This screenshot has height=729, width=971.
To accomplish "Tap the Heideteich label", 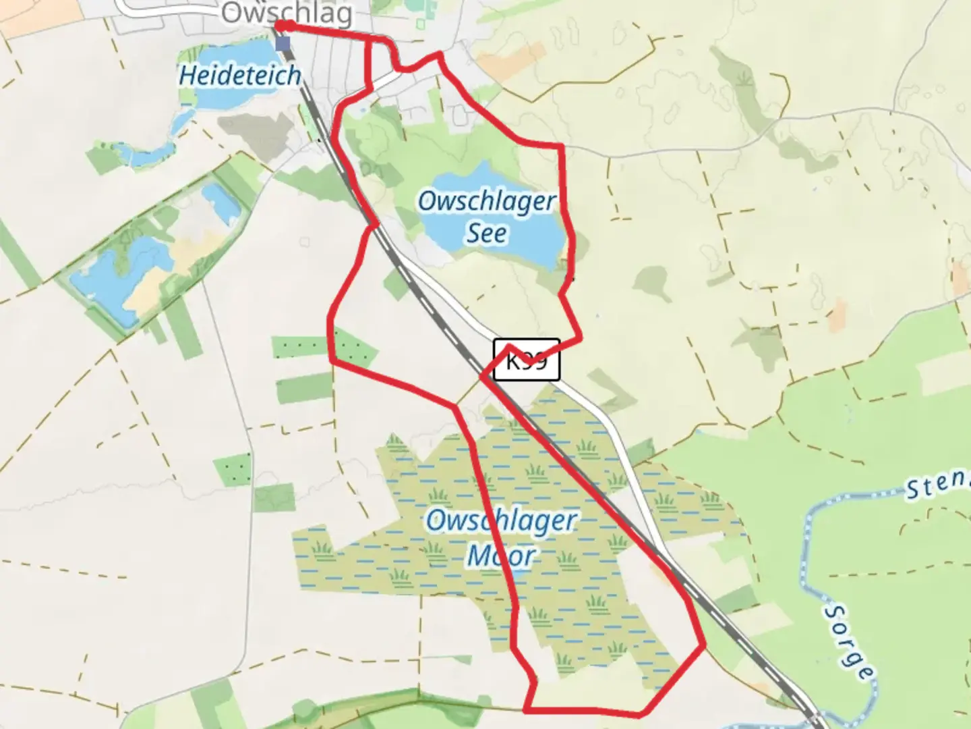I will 239,75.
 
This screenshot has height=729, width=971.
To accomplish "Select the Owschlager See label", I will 487,216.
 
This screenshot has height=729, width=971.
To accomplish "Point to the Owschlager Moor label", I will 502,538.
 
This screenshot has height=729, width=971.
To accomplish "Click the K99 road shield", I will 527,360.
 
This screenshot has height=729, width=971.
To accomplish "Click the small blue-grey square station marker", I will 283,44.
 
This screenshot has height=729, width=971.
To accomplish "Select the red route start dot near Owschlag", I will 287,26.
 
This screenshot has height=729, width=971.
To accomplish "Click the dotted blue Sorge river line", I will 806,560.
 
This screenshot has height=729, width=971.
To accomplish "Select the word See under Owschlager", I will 487,234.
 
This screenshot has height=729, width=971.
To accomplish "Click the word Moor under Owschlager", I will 502,556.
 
